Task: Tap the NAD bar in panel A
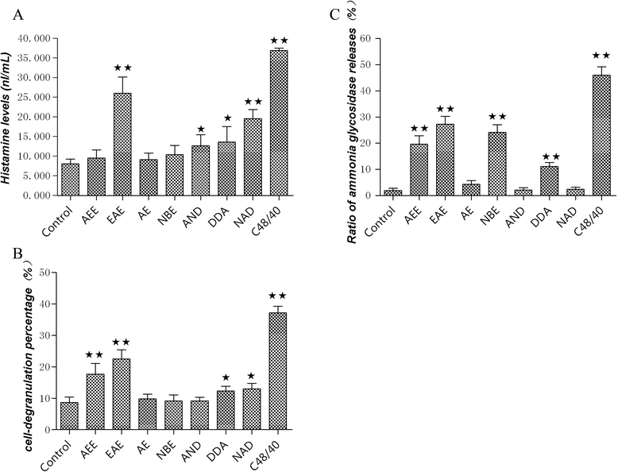[252, 157]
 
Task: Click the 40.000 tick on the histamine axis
[33, 38]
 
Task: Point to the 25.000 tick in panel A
[33, 97]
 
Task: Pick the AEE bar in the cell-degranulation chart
[95, 402]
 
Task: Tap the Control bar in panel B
[69, 416]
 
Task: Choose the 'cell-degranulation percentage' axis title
[12, 351]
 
